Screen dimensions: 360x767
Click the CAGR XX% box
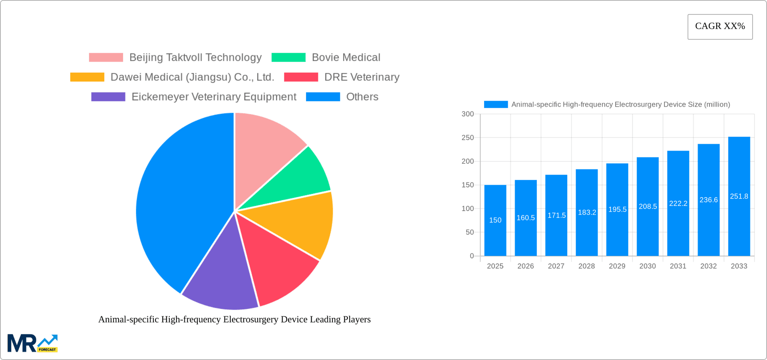click(x=720, y=27)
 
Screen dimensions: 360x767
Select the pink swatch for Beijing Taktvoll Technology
click(x=106, y=58)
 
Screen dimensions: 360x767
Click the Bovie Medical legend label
click(x=346, y=58)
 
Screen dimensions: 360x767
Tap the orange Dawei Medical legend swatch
click(x=87, y=77)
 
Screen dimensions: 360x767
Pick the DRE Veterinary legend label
click(x=362, y=77)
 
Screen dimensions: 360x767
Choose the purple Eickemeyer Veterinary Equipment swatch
click(x=108, y=97)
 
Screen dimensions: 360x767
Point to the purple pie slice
click(x=220, y=280)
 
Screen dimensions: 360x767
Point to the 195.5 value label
click(x=617, y=209)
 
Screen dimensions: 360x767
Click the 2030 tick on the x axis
click(x=648, y=266)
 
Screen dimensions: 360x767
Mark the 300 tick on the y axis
click(x=467, y=114)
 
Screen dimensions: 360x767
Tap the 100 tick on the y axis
click(x=467, y=209)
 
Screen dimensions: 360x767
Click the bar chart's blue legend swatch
click(x=496, y=104)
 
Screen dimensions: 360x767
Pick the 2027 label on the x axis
click(x=556, y=266)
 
